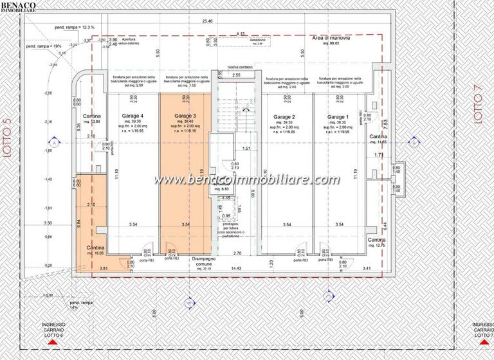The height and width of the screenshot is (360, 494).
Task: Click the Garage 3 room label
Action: tap(185, 116)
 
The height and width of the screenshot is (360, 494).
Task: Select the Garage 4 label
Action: tap(133, 116)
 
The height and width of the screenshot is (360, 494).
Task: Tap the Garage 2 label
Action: tap(284, 116)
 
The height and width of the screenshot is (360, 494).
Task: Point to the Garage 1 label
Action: tap(336, 116)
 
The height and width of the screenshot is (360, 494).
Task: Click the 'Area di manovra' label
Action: tap(331, 39)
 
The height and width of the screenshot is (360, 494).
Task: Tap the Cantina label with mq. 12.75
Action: tap(377, 239)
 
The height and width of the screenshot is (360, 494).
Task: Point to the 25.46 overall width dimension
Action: tap(207, 21)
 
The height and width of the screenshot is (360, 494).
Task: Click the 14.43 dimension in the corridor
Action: tap(236, 268)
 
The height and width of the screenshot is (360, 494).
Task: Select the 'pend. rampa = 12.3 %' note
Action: tap(75, 27)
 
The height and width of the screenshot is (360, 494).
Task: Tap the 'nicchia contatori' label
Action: tap(240, 66)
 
